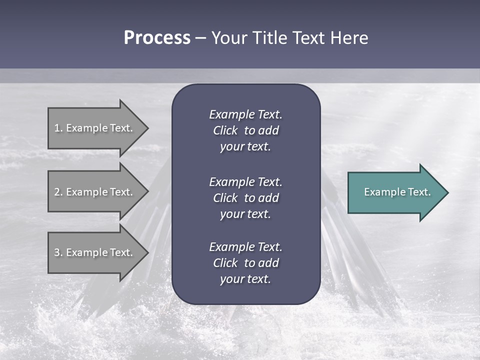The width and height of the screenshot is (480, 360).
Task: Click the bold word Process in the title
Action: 157,38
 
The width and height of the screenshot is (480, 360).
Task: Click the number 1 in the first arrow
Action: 56,128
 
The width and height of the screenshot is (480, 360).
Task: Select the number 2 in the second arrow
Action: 56,192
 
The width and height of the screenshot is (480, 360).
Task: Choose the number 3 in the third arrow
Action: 56,252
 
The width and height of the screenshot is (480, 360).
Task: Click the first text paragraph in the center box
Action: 245,130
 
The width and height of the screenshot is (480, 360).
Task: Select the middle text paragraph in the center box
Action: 245,198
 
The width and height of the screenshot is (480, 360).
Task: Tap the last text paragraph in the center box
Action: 245,263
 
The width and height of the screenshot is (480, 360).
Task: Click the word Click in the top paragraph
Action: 225,130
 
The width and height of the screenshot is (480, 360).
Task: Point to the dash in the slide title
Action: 200,38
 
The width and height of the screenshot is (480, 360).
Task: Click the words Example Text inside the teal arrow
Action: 397,192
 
